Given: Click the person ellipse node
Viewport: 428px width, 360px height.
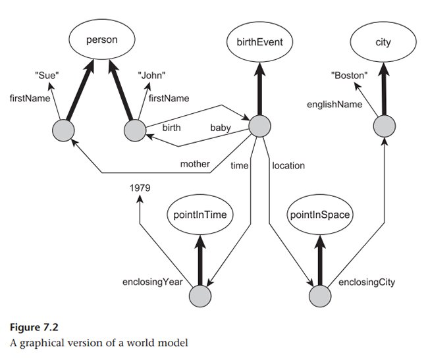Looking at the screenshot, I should click(x=101, y=41).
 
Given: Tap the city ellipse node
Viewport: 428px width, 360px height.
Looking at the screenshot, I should click(x=383, y=43).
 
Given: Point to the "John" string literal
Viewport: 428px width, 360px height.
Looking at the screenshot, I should click(x=151, y=76).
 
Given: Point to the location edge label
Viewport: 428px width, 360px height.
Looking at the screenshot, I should click(x=288, y=165).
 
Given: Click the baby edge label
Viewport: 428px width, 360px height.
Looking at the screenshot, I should click(x=220, y=128).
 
